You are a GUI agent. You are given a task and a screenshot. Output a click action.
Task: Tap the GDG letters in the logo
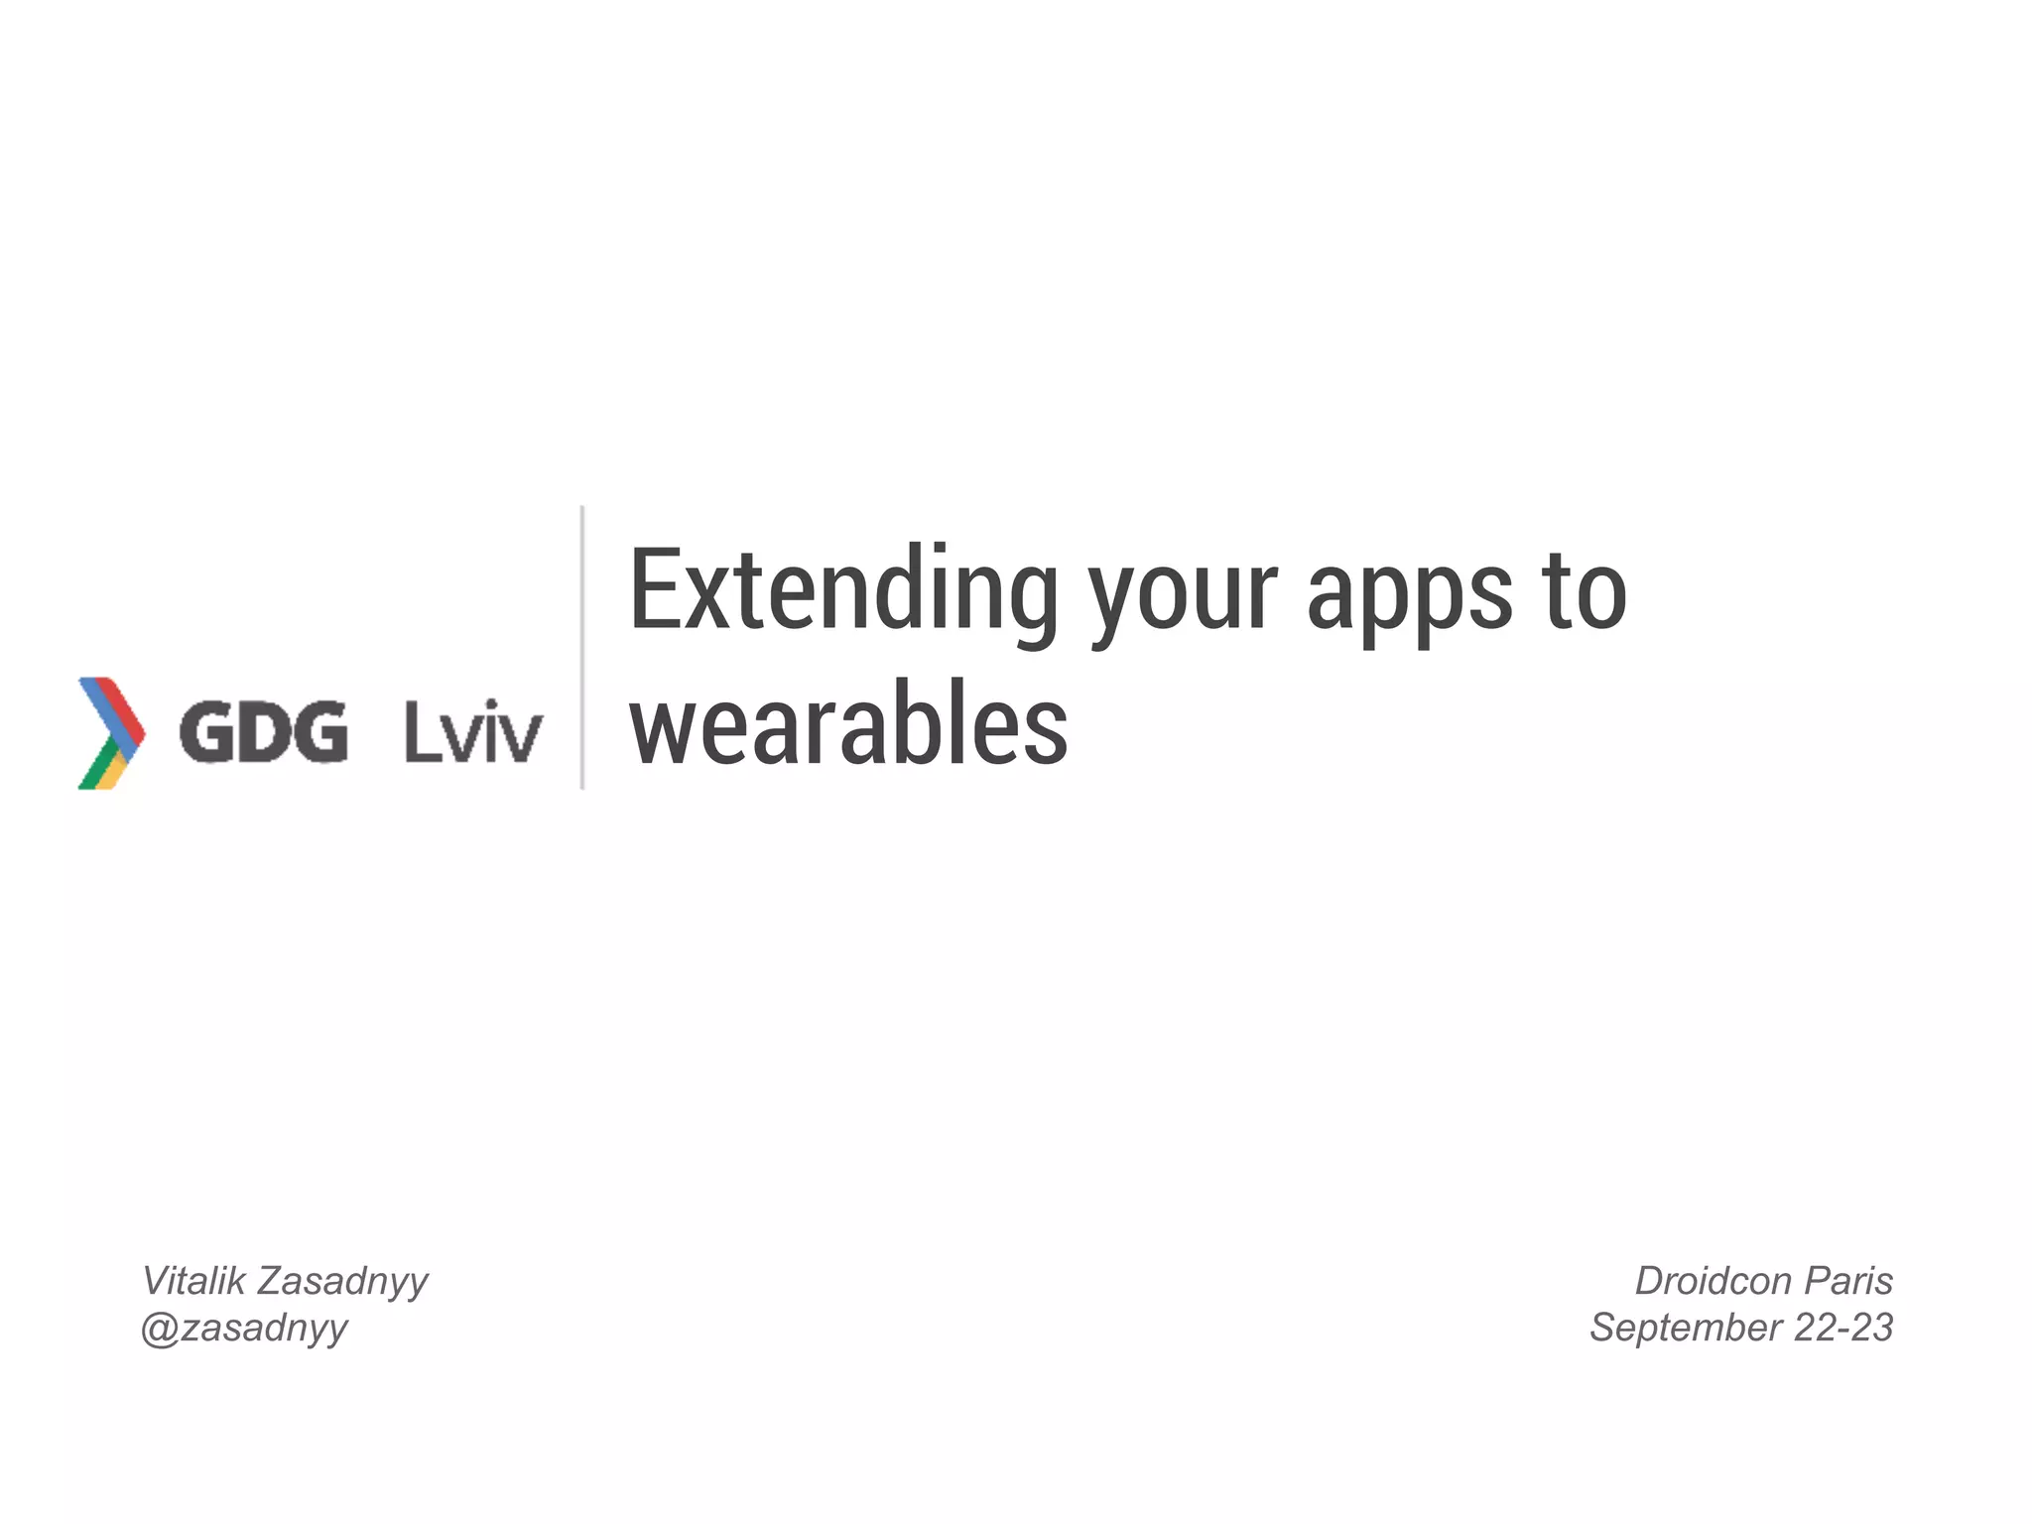(263, 732)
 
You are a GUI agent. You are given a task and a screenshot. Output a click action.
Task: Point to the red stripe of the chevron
(125, 702)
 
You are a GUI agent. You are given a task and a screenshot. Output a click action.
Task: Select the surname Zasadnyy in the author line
(342, 1282)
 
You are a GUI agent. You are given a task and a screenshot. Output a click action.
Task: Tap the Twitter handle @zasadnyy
(244, 1329)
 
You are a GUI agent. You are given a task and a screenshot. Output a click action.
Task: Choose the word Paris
(1848, 1281)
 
